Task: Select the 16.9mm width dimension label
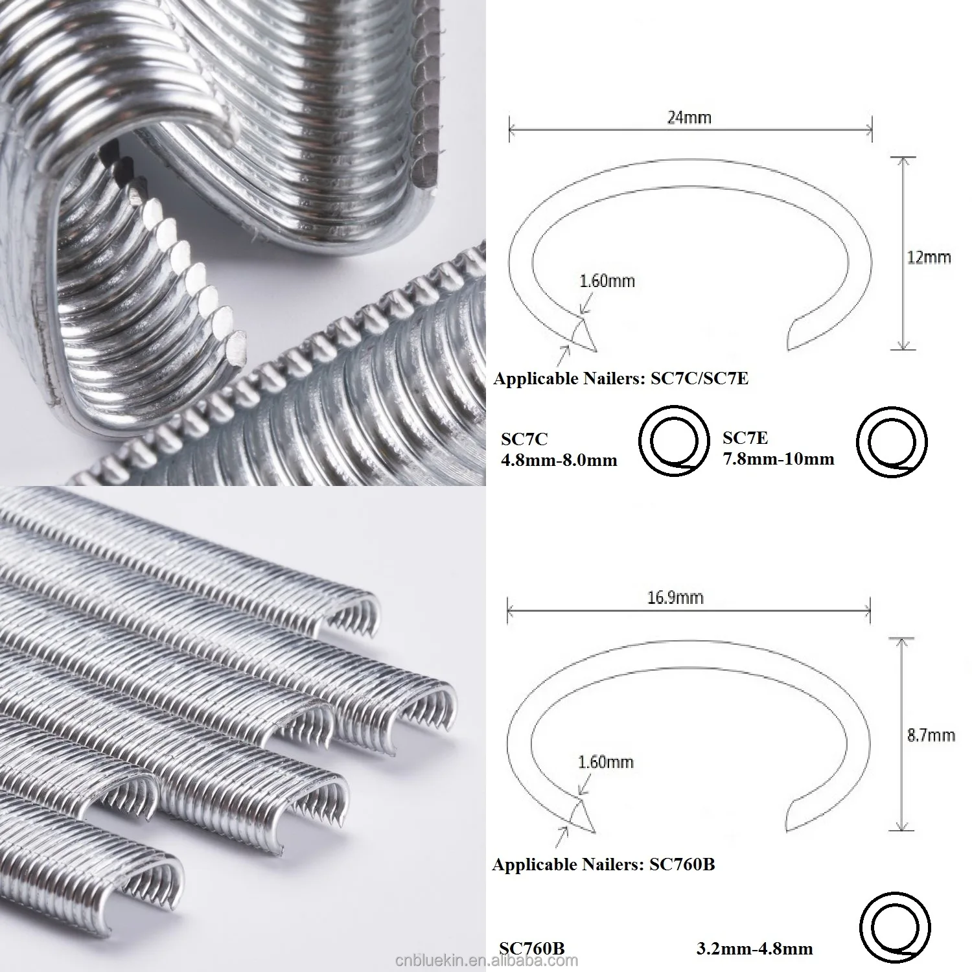(675, 597)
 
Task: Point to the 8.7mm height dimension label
(931, 735)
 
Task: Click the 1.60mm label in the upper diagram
(607, 281)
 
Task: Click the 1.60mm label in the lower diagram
(605, 761)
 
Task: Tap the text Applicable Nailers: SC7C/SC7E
(621, 378)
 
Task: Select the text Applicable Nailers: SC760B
(603, 864)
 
